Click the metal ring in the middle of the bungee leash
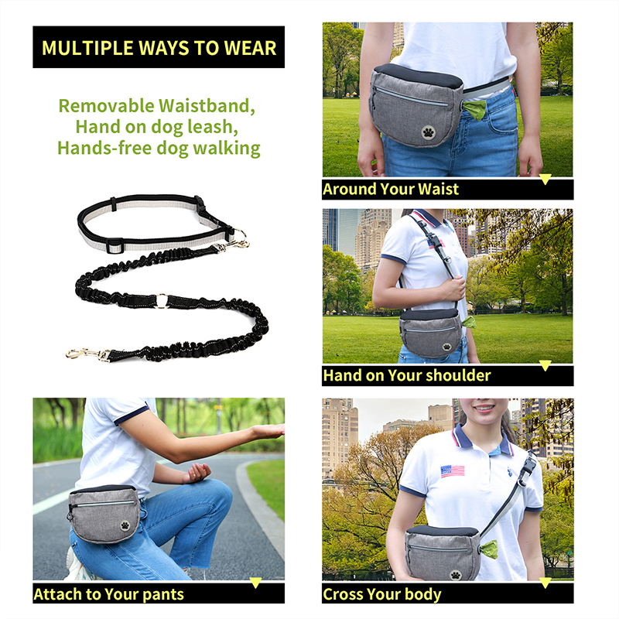point(161,299)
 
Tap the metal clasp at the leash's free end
point(84,354)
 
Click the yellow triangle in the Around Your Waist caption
point(545,180)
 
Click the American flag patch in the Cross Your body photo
point(453,470)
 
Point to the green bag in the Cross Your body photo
point(489,550)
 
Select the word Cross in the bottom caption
point(344,594)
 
